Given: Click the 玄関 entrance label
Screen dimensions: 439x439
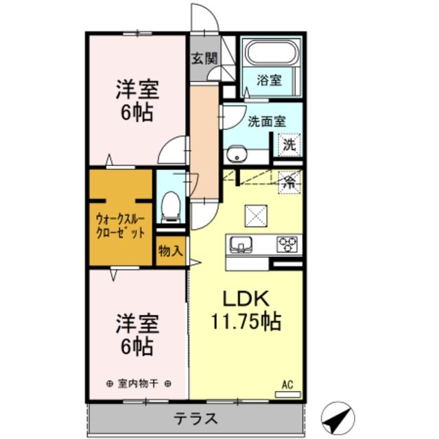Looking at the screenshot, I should point(202,58).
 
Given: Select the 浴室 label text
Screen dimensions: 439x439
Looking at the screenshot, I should point(269,80).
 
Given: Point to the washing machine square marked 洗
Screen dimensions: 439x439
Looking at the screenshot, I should point(289,145).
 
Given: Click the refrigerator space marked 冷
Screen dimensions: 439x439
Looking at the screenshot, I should point(289,182).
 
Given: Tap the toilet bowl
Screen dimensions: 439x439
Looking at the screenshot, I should point(170,205).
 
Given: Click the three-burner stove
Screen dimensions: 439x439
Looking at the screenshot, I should point(288,244).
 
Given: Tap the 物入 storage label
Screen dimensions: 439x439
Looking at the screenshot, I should point(170,251).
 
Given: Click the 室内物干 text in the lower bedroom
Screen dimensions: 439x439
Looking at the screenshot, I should point(138,383).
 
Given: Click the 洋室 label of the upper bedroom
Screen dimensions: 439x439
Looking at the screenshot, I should point(137,90).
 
